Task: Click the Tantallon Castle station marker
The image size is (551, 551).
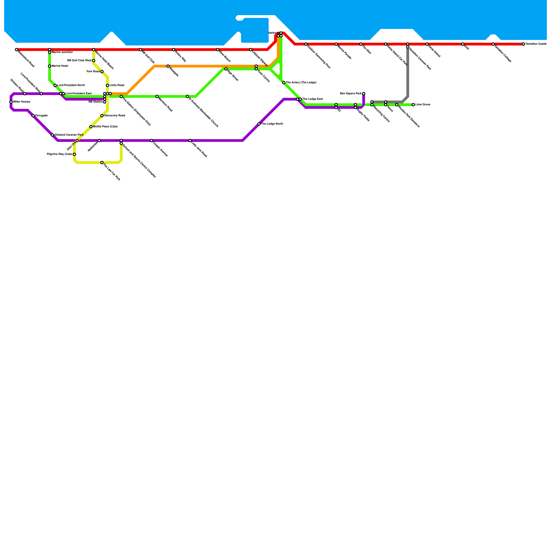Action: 523,44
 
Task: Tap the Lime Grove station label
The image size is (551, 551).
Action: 423,105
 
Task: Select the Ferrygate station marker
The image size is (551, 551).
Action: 33,116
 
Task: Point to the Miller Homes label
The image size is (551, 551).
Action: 21,102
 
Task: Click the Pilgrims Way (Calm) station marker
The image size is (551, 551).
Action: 74,154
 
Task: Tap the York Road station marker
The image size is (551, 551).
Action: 102,72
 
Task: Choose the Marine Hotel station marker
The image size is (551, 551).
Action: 50,66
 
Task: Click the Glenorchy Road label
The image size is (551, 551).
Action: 114,116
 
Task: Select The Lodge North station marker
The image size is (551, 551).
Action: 259,124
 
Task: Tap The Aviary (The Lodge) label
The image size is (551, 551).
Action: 301,83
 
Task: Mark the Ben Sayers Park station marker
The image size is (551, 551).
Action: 364,94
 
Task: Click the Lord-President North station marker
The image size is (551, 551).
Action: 55,85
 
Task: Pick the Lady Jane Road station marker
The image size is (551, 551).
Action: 190,141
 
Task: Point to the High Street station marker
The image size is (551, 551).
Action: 226,69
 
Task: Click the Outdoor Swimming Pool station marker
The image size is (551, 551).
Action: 306,44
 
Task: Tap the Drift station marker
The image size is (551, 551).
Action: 463,44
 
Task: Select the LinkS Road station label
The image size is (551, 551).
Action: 117,85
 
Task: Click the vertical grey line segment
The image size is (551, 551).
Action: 408,72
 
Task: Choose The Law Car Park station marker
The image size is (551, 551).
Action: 102,163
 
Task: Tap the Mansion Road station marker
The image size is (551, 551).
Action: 157,96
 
